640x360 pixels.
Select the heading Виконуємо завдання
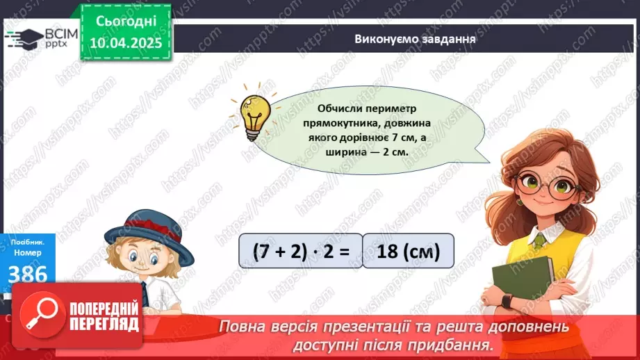coord(415,40)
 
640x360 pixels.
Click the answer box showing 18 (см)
coord(408,250)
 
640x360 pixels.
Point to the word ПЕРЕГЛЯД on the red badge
coord(104,324)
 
